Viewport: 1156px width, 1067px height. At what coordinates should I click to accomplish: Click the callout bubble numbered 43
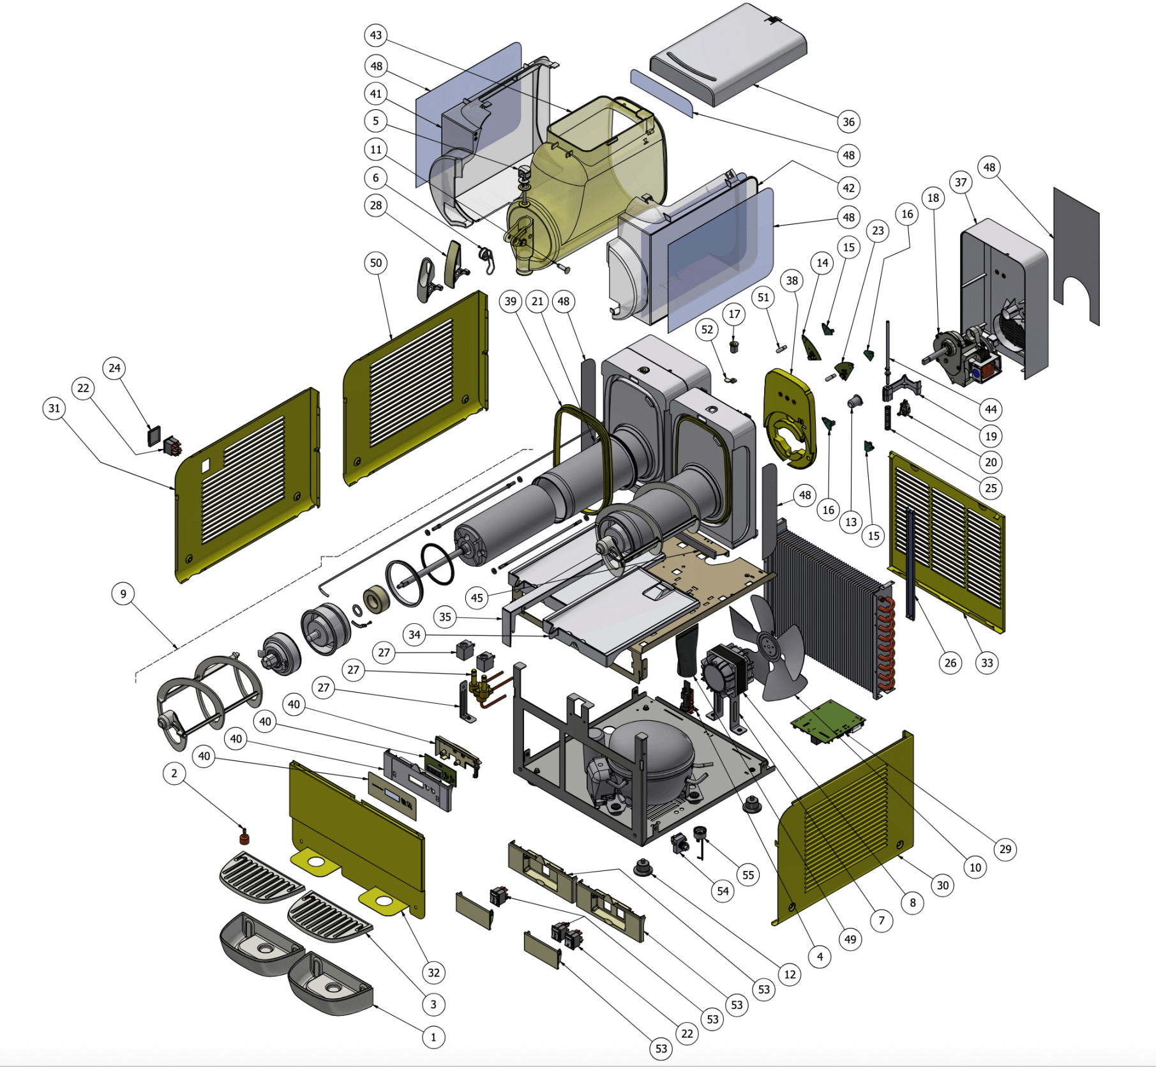pos(376,35)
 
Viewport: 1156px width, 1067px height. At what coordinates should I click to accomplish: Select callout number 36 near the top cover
pos(848,122)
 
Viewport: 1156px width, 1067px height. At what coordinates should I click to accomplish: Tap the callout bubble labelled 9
pos(123,594)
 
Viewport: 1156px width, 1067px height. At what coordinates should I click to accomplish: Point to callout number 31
pos(54,409)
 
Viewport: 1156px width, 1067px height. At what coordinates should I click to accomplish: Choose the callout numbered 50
pos(376,263)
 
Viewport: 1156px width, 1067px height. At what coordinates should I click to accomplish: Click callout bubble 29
pos(1005,849)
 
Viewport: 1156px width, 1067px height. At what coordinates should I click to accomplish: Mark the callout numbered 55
pos(748,875)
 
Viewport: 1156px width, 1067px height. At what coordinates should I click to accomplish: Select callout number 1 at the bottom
pos(433,1038)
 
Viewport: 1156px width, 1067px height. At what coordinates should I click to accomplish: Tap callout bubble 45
pos(477,598)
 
